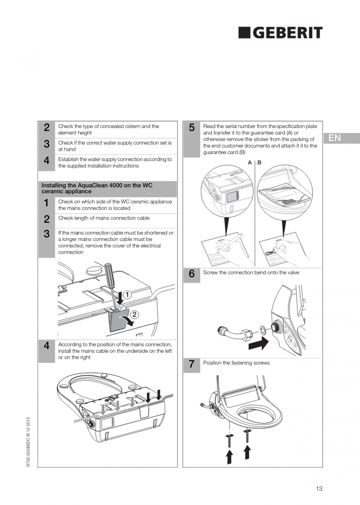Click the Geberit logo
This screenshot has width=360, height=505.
(280, 33)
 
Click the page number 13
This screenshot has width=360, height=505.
(319, 489)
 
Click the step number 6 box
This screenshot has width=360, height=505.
(191, 274)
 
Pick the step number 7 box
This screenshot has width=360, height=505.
(191, 364)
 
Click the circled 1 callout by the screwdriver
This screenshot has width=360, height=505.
(128, 294)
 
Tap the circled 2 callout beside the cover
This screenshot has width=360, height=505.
(134, 314)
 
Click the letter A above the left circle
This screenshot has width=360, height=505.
(250, 162)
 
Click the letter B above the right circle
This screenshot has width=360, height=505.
(259, 162)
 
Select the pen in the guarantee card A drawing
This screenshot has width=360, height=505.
(231, 242)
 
